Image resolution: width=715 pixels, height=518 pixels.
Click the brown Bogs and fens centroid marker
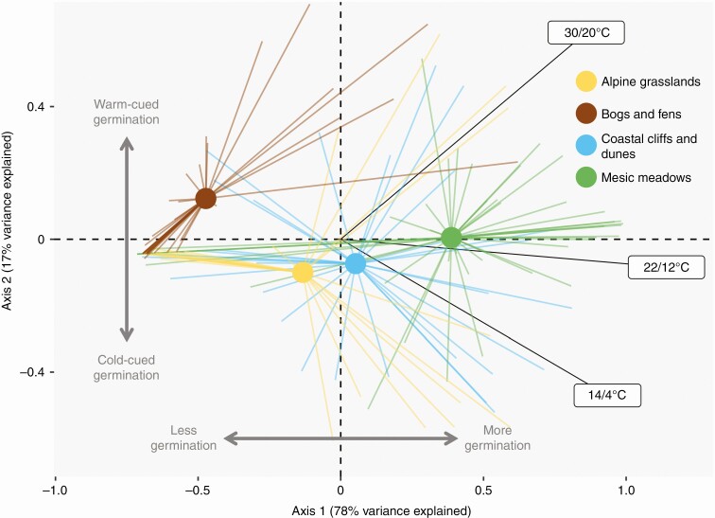(205, 198)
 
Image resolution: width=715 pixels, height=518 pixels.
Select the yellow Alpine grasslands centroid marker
(303, 273)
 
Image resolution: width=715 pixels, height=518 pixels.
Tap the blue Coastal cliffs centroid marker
(355, 263)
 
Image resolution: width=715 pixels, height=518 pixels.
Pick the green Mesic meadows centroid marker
(451, 238)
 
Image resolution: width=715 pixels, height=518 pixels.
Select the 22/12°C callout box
(666, 268)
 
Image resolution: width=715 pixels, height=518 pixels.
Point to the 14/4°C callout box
(607, 395)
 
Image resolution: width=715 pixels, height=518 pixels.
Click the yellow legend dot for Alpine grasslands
(586, 81)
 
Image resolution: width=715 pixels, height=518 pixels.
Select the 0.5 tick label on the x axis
(483, 492)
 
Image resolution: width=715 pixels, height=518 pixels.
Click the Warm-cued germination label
(126, 113)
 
